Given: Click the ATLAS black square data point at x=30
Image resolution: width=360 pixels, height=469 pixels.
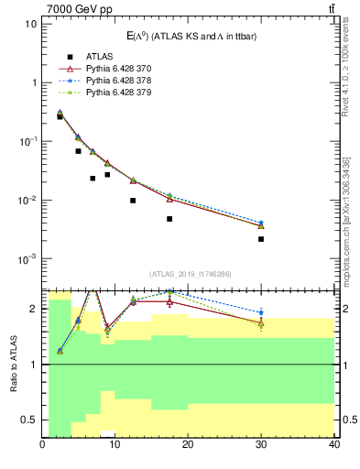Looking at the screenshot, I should [x=261, y=239].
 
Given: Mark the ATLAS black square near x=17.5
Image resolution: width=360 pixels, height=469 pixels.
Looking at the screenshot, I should [x=169, y=219].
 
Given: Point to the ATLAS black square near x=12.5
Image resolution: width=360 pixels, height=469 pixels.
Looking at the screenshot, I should [x=133, y=201].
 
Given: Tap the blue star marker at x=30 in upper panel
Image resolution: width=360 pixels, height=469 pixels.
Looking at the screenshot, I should [x=261, y=223].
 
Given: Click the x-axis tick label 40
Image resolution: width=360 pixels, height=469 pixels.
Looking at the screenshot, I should [x=333, y=446].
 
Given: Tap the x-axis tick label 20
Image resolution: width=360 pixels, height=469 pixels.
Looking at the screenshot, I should [x=188, y=446].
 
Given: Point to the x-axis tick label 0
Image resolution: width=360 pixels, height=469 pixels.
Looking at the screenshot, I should [x=43, y=446].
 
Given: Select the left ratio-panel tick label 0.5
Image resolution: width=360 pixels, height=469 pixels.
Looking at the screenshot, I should [x=30, y=420].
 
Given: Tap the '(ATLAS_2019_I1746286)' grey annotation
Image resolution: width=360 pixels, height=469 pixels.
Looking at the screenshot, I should [x=188, y=274].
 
